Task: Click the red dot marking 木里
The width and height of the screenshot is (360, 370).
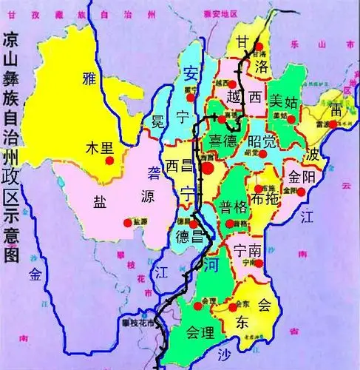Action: [x=109, y=159]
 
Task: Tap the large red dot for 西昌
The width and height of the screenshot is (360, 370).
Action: [x=208, y=168]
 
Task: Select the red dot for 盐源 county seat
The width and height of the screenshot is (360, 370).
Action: [x=127, y=221]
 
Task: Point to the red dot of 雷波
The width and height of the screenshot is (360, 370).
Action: [x=333, y=124]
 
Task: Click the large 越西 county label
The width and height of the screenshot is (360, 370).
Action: [x=243, y=97]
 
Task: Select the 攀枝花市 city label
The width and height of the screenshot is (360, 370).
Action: [x=140, y=323]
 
